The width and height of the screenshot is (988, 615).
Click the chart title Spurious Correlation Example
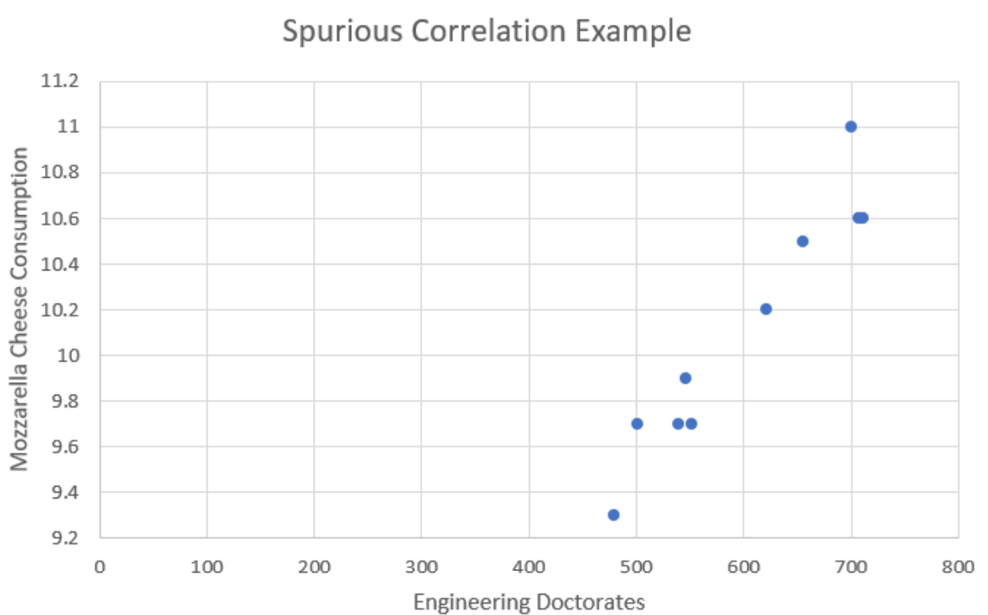pos(486,32)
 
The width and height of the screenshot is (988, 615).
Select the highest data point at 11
pos(850,127)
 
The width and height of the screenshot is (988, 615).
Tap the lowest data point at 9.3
pos(613,515)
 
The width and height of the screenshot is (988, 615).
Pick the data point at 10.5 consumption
pos(802,241)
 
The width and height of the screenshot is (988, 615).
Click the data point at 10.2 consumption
pos(765,309)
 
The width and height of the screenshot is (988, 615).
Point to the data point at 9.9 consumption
pos(685,378)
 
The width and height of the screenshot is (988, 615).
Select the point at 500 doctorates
pos(637,424)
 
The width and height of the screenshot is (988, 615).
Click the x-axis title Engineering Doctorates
pos(529,602)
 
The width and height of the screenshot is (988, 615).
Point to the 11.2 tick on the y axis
pos(60,82)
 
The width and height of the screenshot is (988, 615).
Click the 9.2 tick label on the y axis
pos(65,538)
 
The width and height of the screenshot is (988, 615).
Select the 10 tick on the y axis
pos(70,355)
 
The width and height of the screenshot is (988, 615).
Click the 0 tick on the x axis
pos(99,564)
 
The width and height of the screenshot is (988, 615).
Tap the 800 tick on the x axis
pos(958,564)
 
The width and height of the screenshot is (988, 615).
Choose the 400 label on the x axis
pos(529,564)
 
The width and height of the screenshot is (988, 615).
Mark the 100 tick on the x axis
pos(207,564)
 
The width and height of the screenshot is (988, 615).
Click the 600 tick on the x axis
pos(744,564)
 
